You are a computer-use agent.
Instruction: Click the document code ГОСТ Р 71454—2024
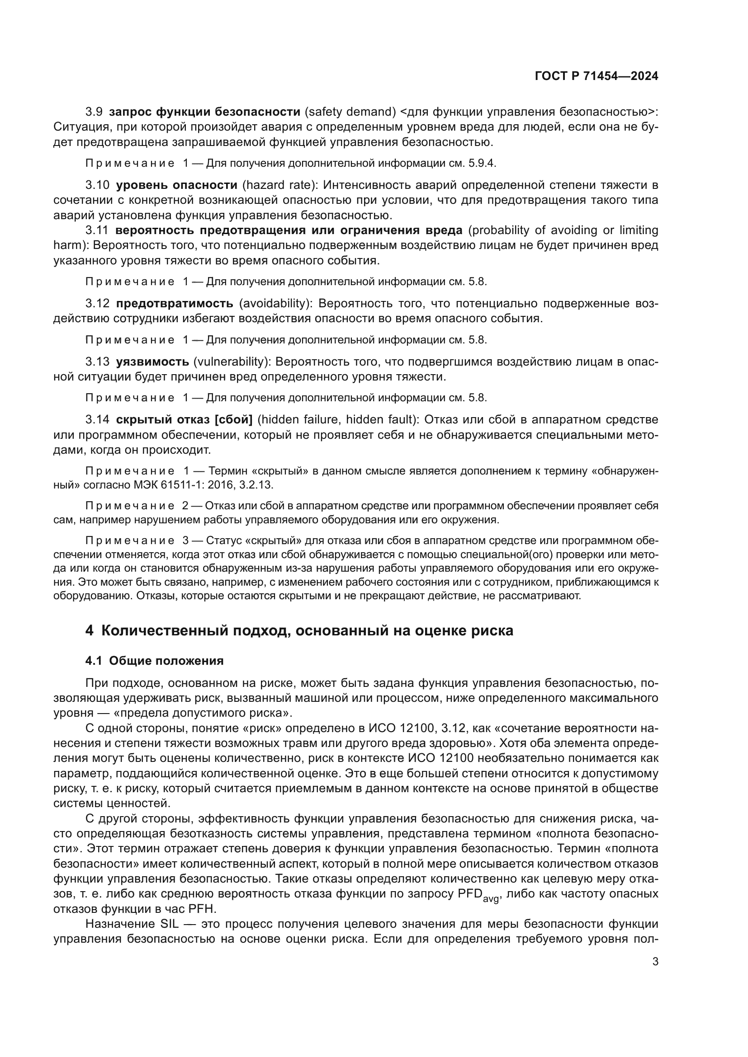click(x=596, y=76)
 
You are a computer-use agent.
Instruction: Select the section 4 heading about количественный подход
click(x=299, y=630)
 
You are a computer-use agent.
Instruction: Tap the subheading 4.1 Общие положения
click(x=154, y=661)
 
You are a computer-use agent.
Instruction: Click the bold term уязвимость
click(x=152, y=362)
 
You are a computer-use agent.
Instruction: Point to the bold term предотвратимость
click(x=175, y=303)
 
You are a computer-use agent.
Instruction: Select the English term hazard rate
click(x=278, y=185)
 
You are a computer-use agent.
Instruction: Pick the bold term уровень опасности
click(x=176, y=185)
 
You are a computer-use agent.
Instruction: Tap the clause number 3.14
click(x=97, y=419)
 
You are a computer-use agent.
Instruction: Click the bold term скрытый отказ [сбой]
click(x=184, y=419)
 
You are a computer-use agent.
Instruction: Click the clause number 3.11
click(x=97, y=230)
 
